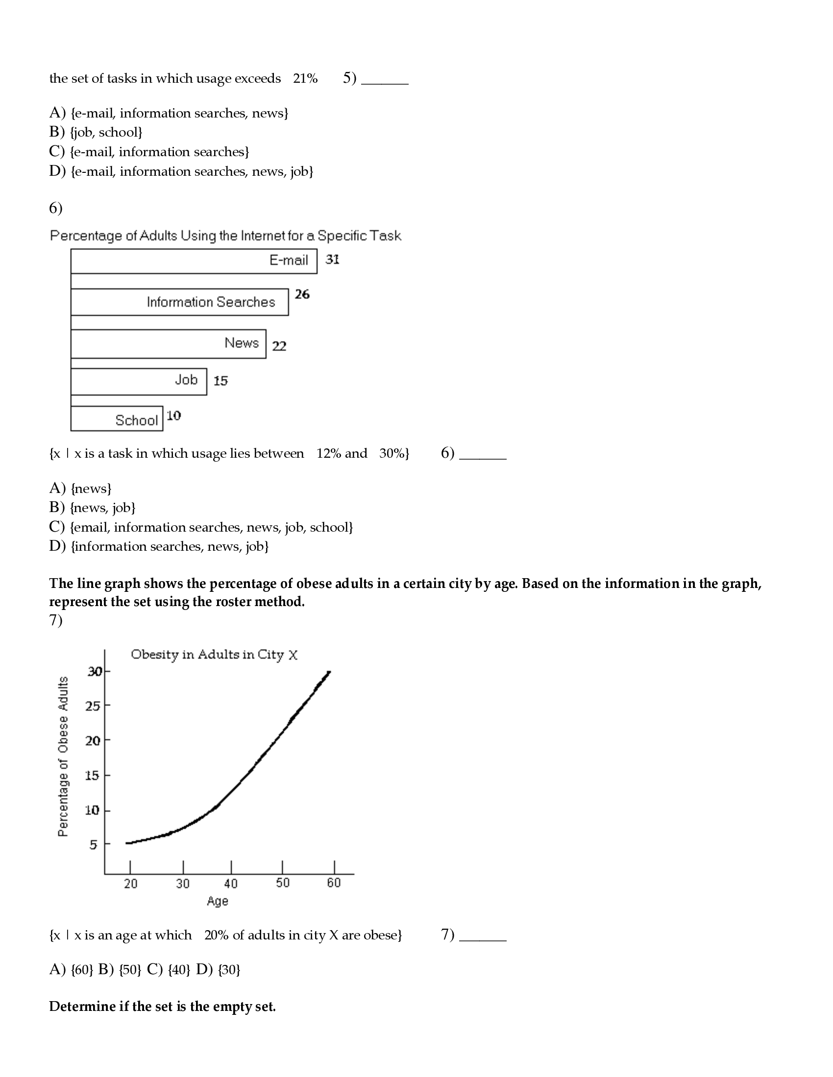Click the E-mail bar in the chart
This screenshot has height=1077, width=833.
click(x=194, y=261)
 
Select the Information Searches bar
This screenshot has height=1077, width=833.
click(x=179, y=302)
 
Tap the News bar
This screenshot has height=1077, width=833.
click(x=168, y=344)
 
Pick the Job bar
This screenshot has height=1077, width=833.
click(x=138, y=381)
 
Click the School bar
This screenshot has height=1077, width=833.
click(x=117, y=419)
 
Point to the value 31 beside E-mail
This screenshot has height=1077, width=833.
click(x=332, y=259)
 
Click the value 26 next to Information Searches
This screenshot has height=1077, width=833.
click(x=302, y=294)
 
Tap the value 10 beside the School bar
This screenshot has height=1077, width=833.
click(x=174, y=416)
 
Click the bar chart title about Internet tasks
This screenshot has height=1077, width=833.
click(x=225, y=236)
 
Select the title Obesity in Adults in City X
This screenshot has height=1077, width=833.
click(x=214, y=655)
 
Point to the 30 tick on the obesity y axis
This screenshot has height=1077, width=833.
click(x=94, y=671)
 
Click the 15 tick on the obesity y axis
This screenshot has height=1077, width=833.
click(x=92, y=775)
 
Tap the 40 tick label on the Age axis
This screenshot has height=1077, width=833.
click(x=231, y=883)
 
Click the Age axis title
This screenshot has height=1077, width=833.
click(x=218, y=901)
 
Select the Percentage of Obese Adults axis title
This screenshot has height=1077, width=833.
click(x=63, y=756)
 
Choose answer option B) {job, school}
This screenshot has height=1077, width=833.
click(x=96, y=132)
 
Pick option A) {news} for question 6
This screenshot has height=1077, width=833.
click(x=80, y=488)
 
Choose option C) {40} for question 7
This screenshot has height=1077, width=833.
click(x=168, y=969)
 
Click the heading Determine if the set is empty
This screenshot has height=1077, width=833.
click(x=162, y=1007)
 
